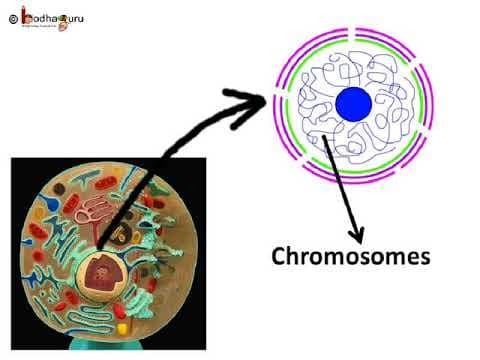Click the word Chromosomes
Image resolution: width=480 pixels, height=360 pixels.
click(x=351, y=256)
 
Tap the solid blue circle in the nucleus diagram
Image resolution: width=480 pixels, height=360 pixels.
click(x=353, y=103)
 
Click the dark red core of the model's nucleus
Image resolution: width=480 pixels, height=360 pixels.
click(x=100, y=271)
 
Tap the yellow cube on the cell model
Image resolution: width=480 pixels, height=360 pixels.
click(x=122, y=327)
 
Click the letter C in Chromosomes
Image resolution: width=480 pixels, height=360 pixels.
click(x=281, y=256)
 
